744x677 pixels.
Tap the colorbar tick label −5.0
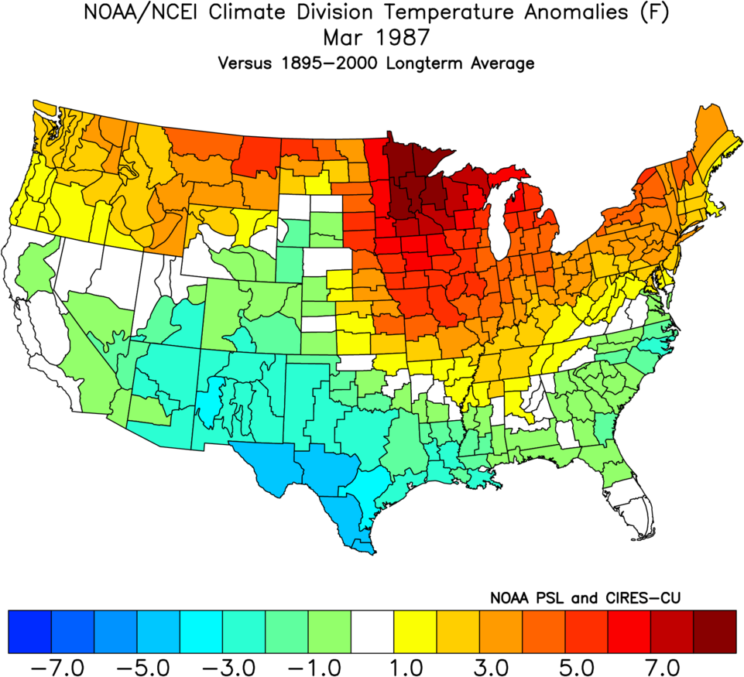pos(159,665)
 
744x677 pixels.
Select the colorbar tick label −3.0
pos(244,665)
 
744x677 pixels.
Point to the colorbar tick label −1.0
pos(329,665)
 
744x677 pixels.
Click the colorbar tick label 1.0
pos(415,665)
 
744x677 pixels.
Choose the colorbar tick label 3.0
pos(500,665)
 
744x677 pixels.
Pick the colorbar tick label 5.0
pos(586,665)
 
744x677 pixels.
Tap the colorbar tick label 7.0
pos(671,665)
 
